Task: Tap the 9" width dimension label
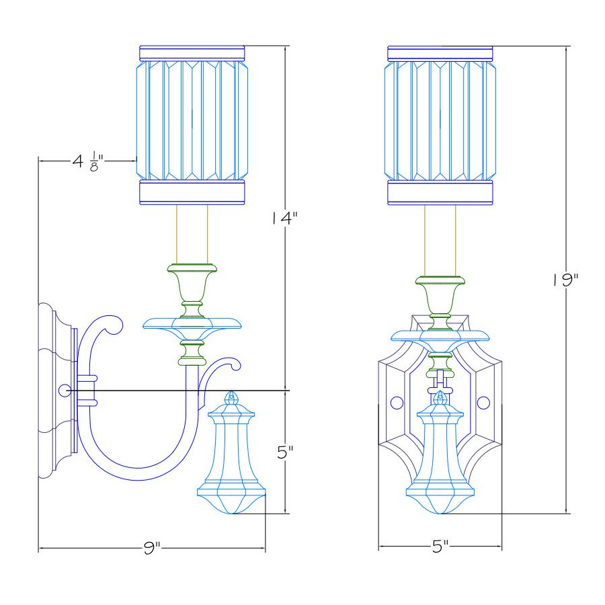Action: click(153, 548)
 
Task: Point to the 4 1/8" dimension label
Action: click(88, 162)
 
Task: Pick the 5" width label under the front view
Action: click(440, 547)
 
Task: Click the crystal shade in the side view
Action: click(192, 121)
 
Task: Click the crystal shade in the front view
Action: click(440, 121)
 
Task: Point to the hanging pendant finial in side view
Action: click(232, 457)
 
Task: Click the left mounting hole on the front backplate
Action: click(397, 403)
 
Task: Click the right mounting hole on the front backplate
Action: click(483, 403)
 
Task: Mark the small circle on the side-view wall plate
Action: click(65, 390)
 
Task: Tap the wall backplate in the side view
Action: click(54, 390)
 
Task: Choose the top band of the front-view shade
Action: click(440, 52)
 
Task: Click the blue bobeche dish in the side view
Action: click(192, 325)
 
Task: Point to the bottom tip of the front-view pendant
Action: click(440, 514)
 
